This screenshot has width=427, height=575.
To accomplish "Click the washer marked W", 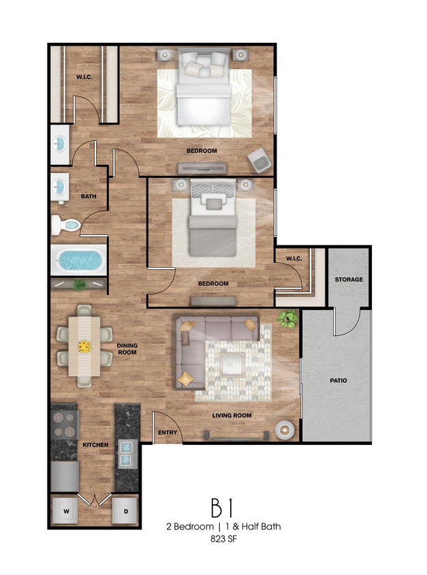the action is pos(65,510).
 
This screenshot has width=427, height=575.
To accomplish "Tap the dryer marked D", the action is pos(125,510).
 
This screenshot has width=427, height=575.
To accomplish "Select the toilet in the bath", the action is pos(65,225).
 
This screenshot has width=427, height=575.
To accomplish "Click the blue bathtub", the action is pos(79,260).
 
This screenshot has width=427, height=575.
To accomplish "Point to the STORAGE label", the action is pos(349,279).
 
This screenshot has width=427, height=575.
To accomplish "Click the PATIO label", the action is pos(338,381).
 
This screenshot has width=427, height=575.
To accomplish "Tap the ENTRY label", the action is pos(168,433).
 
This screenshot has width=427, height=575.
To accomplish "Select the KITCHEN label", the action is pos(95,445).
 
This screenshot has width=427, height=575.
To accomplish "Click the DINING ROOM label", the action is pos(127,349).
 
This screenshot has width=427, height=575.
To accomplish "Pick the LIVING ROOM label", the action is pos(232,416).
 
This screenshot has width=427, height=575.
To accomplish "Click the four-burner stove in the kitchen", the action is pos(65,424).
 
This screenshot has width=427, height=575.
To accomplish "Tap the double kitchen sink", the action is pos(127,454).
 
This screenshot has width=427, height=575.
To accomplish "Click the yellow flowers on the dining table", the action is pos(84,347).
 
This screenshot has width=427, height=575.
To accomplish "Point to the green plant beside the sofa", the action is pos(287,318).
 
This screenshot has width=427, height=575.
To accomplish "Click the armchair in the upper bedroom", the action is pos(259,160).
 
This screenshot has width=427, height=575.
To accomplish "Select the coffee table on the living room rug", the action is pos(233,364).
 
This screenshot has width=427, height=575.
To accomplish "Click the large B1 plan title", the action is pos(222,508).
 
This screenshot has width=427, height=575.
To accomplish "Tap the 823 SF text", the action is pos(223,539).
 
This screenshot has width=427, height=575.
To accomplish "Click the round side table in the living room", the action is pos(285,430).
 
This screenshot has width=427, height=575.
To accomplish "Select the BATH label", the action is pos(89,197).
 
